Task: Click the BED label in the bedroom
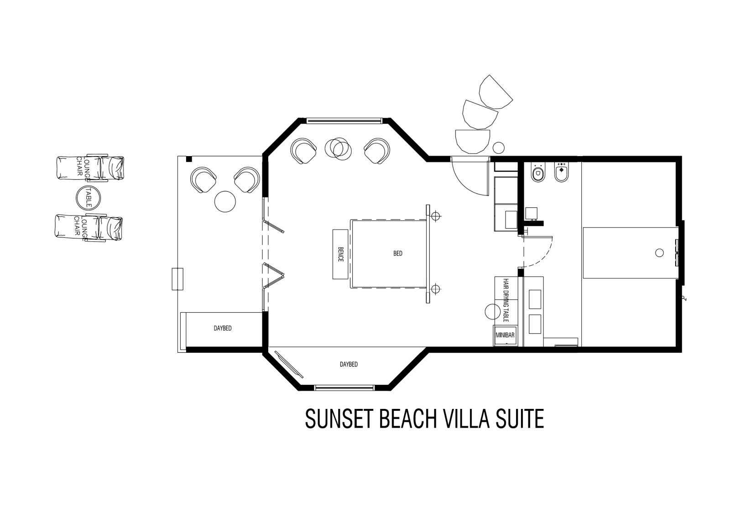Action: (397, 254)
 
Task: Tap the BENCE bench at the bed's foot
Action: (340, 254)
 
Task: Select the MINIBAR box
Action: (505, 335)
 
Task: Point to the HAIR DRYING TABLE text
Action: (506, 300)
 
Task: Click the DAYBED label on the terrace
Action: (223, 328)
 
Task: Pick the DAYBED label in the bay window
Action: (349, 364)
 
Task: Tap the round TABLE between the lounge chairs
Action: (89, 198)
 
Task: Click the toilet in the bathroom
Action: (538, 173)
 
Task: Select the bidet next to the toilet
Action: (561, 173)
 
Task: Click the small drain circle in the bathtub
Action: (659, 252)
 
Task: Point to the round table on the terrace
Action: (225, 201)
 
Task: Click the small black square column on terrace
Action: (189, 159)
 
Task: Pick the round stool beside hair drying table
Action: (492, 312)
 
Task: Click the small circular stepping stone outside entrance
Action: (498, 148)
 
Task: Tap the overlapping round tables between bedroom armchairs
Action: (338, 148)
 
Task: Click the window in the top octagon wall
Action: (344, 121)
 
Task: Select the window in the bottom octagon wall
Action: (344, 388)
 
